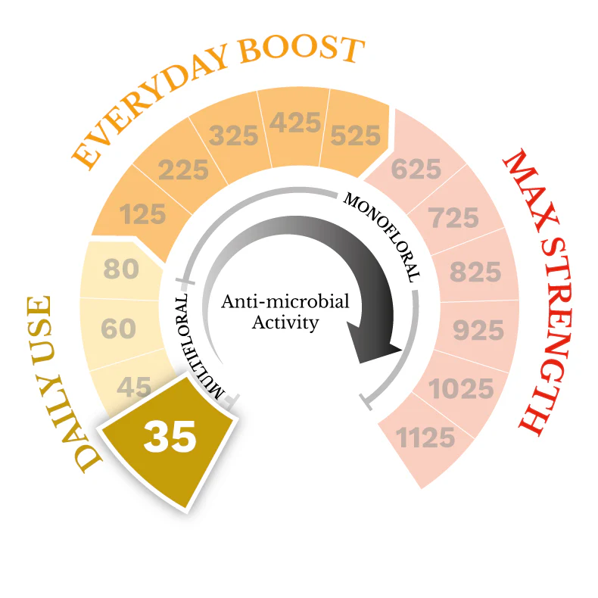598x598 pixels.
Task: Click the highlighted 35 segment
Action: coord(170,437)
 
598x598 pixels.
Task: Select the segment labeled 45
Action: coord(135,388)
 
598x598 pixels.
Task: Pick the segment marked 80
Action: coord(120,269)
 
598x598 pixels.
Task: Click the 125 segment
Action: coord(142,214)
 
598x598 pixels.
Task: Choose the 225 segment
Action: coord(184,170)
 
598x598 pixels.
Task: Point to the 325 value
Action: coord(234,137)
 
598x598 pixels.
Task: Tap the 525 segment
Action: coord(354,135)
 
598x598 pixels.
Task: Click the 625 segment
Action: coord(416,170)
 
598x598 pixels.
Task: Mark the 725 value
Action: coord(454,218)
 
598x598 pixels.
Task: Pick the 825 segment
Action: coord(475,272)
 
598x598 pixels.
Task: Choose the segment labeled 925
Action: coord(478,330)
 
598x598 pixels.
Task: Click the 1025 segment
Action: coord(462,389)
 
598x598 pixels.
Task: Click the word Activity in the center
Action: coord(285,323)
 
